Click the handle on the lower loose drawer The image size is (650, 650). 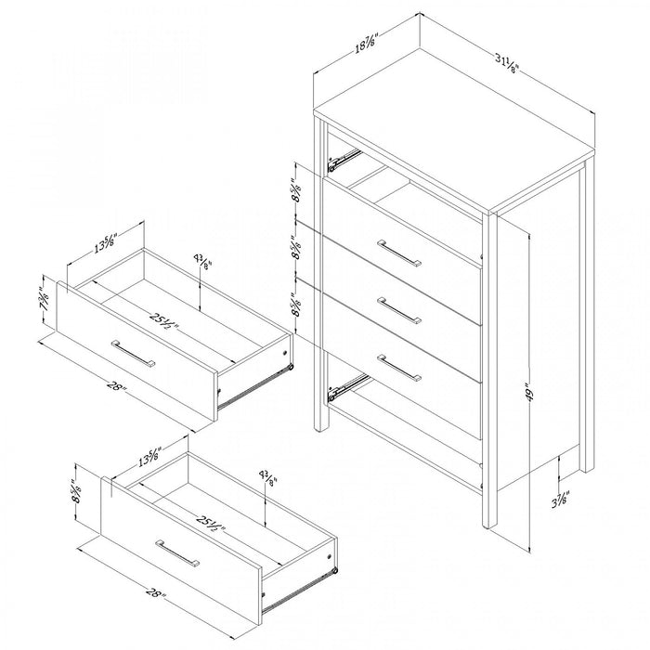[x=177, y=553]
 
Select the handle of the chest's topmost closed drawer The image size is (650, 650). [x=399, y=253]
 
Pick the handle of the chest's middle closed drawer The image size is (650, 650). [x=399, y=310]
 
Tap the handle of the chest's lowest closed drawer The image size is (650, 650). [x=399, y=368]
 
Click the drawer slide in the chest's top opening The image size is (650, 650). [x=344, y=159]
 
